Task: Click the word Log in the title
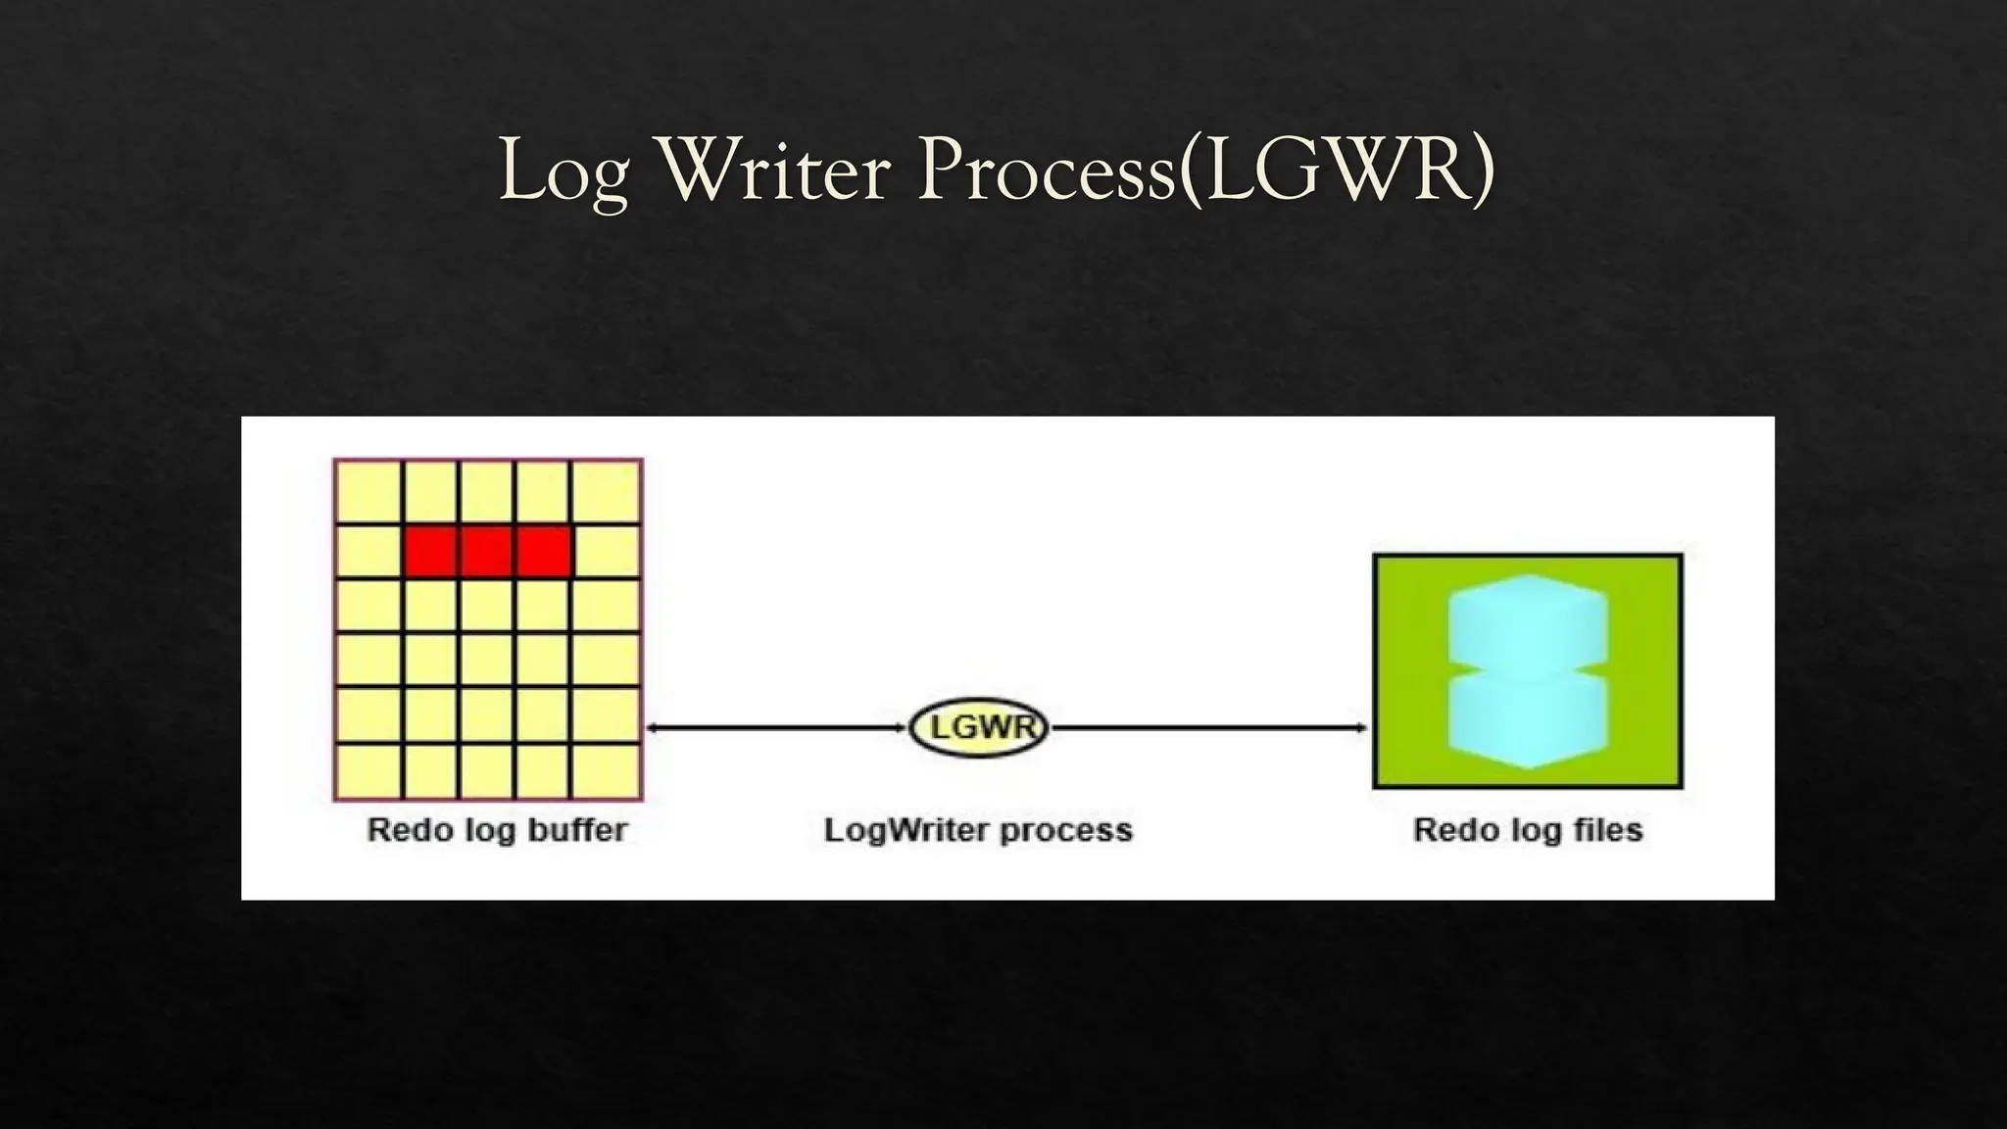[563, 171]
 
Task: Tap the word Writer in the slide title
[774, 171]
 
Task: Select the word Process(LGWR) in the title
[1205, 171]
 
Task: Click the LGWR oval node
[978, 728]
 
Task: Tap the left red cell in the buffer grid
[430, 552]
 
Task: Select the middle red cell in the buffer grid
[487, 552]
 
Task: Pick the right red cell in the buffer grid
[543, 552]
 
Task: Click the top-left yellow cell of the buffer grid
[368, 492]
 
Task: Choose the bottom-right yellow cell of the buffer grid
[606, 771]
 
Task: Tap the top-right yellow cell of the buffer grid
[606, 492]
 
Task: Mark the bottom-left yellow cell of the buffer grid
[368, 771]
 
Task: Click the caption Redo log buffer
[497, 830]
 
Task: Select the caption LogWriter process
[978, 830]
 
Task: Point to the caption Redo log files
[1528, 830]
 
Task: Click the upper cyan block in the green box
[1527, 627]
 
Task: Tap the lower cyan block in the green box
[1527, 720]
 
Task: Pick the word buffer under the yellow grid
[577, 830]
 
